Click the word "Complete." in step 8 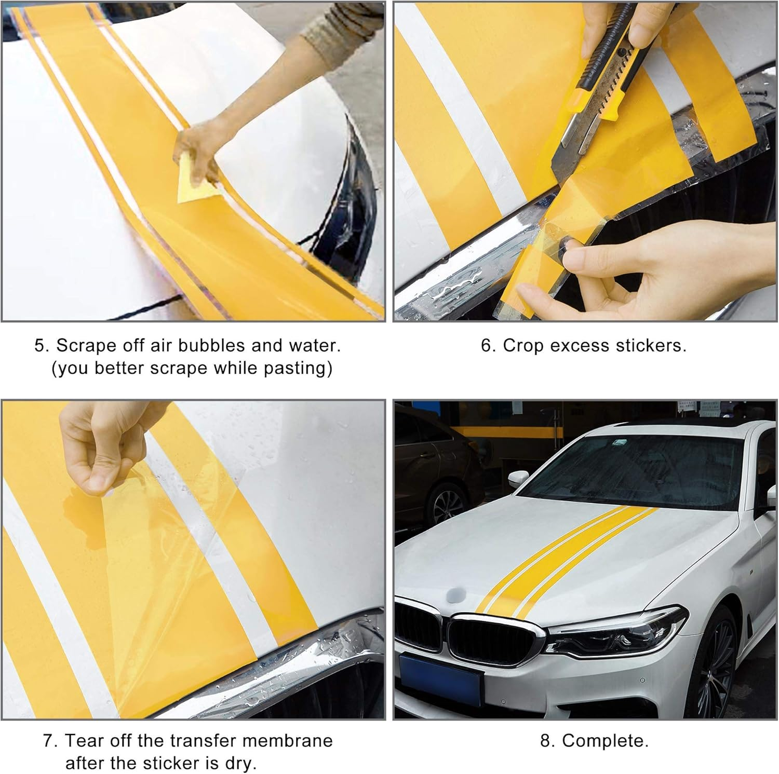pos(605,740)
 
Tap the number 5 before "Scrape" pos(41,346)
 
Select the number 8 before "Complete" pos(546,740)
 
